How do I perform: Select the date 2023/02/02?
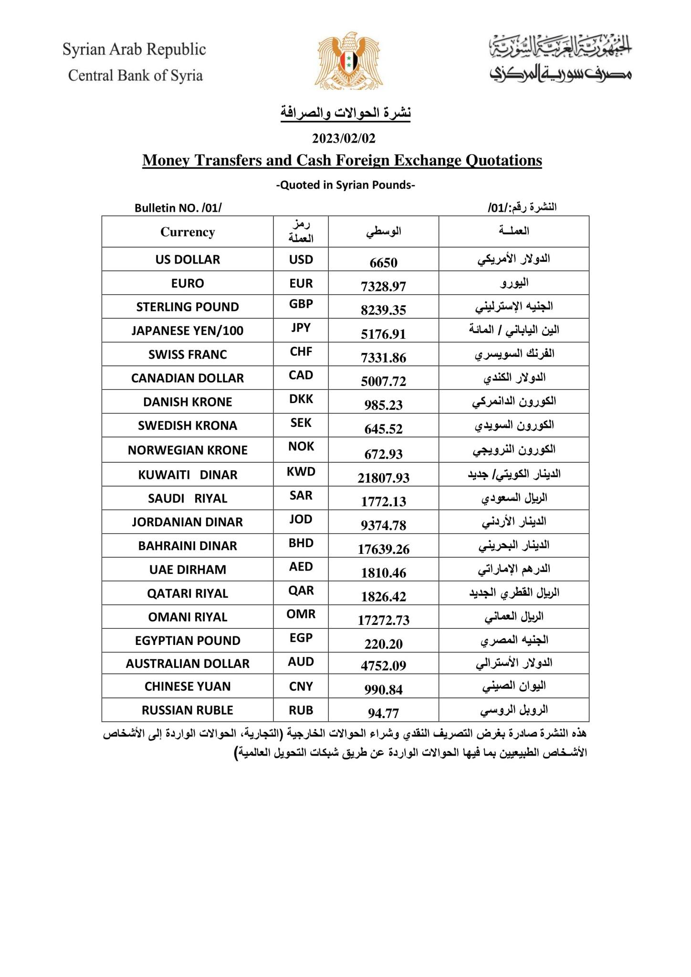(344, 138)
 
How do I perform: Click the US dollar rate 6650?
(383, 262)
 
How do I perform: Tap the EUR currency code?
(301, 283)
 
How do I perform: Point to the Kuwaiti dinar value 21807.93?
(383, 478)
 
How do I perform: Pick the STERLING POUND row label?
(188, 307)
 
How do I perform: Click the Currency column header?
(188, 232)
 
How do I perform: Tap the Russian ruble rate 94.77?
(383, 713)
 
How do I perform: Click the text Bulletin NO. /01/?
(178, 208)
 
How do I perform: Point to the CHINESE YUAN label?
(188, 686)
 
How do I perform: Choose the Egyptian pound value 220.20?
(383, 644)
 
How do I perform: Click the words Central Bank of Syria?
(136, 75)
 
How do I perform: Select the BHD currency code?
(301, 543)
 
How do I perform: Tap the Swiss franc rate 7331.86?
(383, 357)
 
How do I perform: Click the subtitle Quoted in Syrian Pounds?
(345, 185)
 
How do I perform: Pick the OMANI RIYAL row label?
(188, 617)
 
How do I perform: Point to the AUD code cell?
(301, 662)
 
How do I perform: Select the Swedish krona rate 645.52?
(383, 429)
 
